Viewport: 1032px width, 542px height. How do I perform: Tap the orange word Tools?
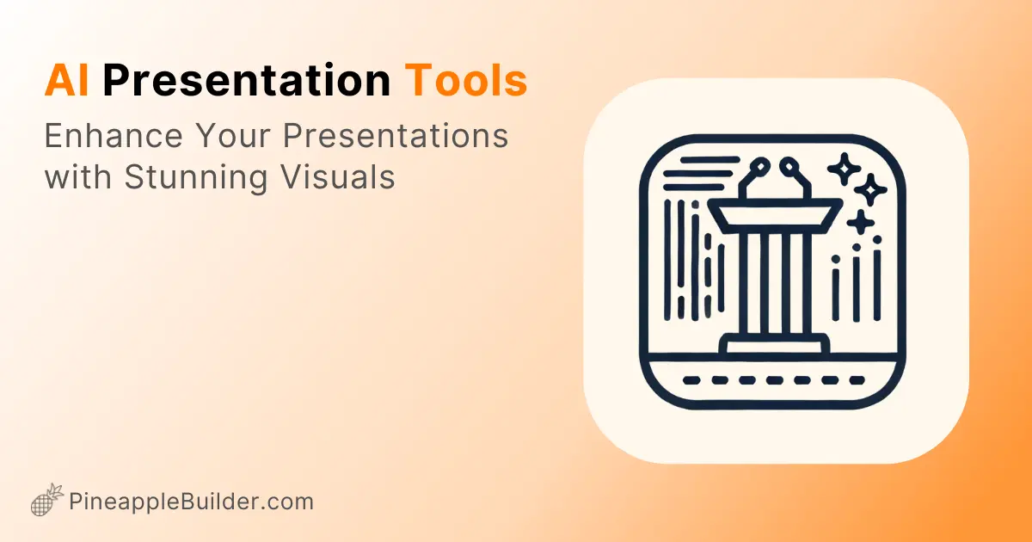pos(465,82)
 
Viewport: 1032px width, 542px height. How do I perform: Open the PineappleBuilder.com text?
pos(191,502)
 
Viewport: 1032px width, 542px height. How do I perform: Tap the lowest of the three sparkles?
pos(860,223)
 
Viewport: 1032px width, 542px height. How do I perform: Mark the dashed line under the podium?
pos(774,379)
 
